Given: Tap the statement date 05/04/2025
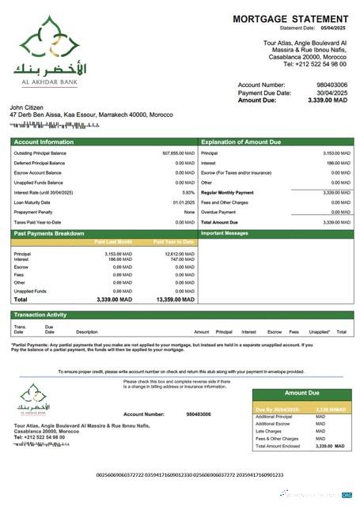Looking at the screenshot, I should click(333, 28).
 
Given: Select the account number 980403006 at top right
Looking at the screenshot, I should click(332, 85).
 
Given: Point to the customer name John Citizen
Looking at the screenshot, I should click(28, 107).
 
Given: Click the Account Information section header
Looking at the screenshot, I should click(43, 142).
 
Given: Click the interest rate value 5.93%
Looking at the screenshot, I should click(188, 192).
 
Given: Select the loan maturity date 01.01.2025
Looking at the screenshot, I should click(184, 202).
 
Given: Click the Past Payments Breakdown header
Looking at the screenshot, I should click(49, 234).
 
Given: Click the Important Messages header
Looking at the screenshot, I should click(225, 234).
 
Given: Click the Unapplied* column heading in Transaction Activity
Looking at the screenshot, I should click(319, 332).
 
